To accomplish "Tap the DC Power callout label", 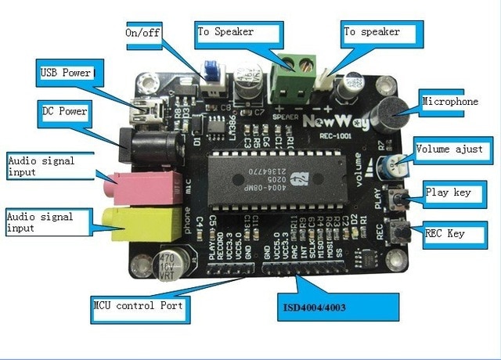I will pyautogui.click(x=65, y=112).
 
